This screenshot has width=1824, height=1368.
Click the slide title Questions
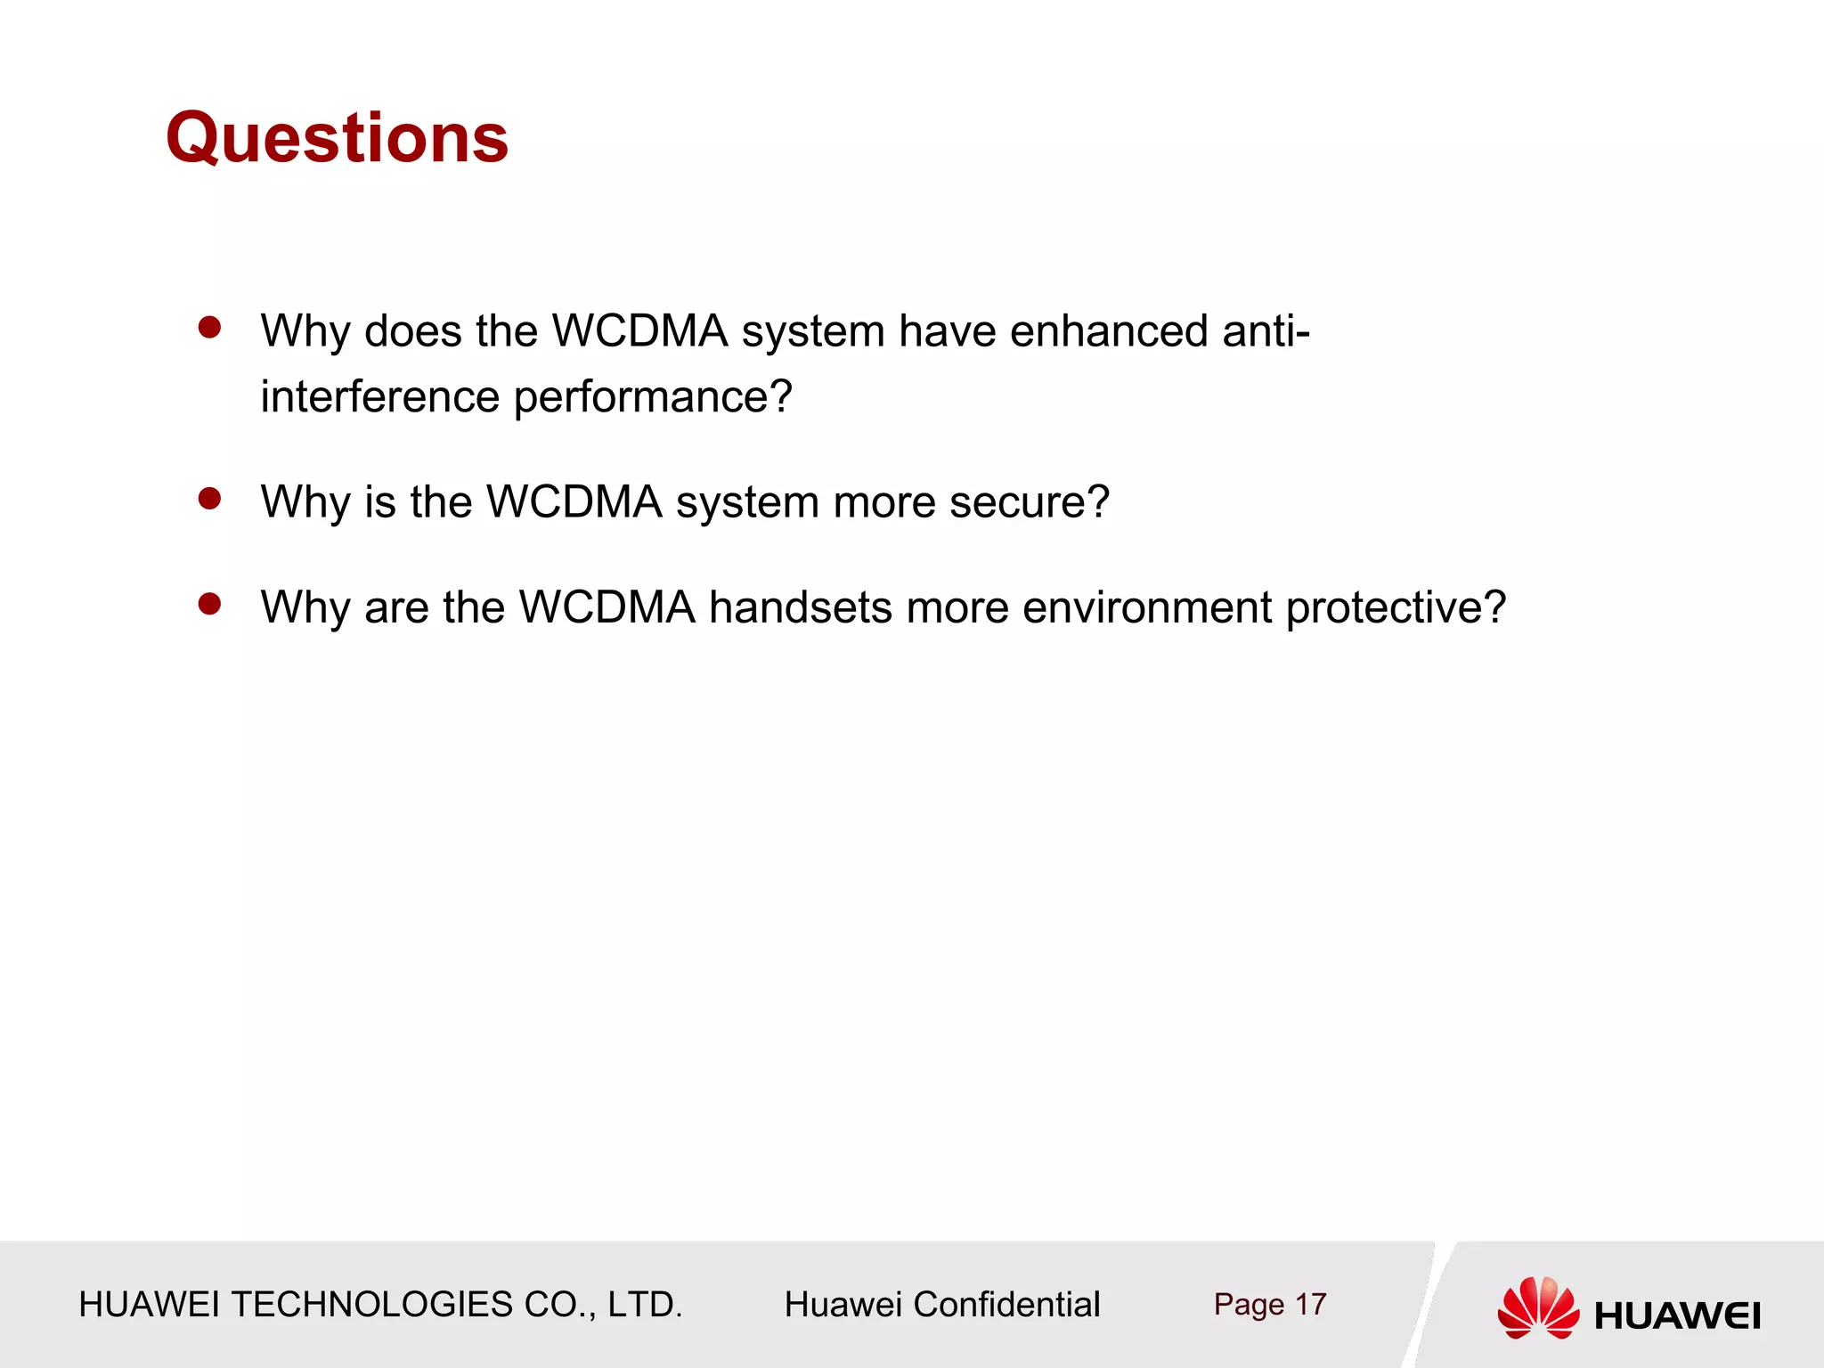pyautogui.click(x=337, y=138)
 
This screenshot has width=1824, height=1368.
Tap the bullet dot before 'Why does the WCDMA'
pyautogui.click(x=210, y=328)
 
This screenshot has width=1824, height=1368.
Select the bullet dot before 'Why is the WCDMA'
pyautogui.click(x=210, y=499)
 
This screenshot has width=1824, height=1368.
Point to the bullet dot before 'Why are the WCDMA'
pyautogui.click(x=210, y=605)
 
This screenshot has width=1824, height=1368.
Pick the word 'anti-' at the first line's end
pyautogui.click(x=1266, y=331)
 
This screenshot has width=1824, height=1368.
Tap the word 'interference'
pyautogui.click(x=379, y=396)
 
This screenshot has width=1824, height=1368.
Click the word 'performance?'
pyautogui.click(x=653, y=398)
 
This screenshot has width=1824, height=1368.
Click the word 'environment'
pyautogui.click(x=1147, y=607)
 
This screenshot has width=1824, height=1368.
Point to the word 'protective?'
pyautogui.click(x=1396, y=609)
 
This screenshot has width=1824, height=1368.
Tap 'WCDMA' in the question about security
pyautogui.click(x=574, y=502)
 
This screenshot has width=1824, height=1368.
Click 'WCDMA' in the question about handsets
pyautogui.click(x=607, y=607)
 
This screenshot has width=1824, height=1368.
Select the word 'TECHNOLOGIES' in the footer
pyautogui.click(x=372, y=1305)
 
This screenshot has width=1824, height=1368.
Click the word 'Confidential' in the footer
pyautogui.click(x=1006, y=1305)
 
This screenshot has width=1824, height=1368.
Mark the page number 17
pyautogui.click(x=1310, y=1305)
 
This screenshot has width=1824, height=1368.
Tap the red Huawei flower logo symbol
pyautogui.click(x=1538, y=1307)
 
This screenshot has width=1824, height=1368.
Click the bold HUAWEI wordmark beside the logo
pyautogui.click(x=1677, y=1315)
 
